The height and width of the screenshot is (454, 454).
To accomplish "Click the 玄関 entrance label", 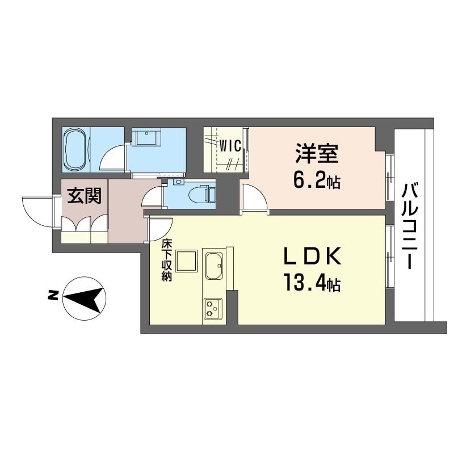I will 85,197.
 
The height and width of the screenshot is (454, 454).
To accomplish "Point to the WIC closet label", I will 232,145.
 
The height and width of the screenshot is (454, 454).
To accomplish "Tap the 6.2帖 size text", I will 316,182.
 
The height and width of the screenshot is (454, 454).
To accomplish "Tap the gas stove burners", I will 213,308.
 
